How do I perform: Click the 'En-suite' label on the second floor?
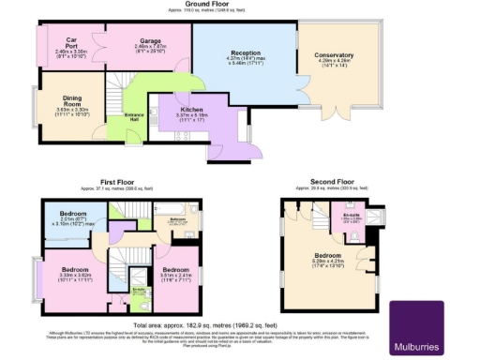point(352,215)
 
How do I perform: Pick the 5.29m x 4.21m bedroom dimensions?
point(327,266)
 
